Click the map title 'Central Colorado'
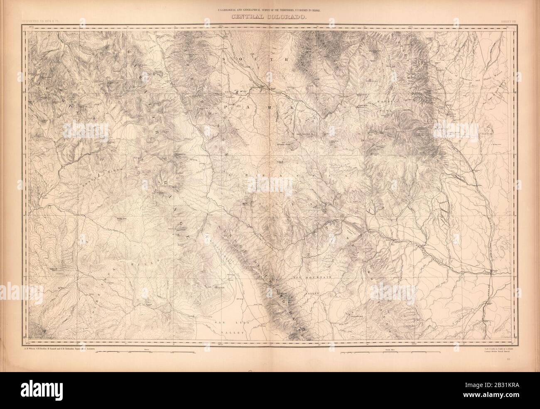(270, 17)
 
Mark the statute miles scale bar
(390, 353)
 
